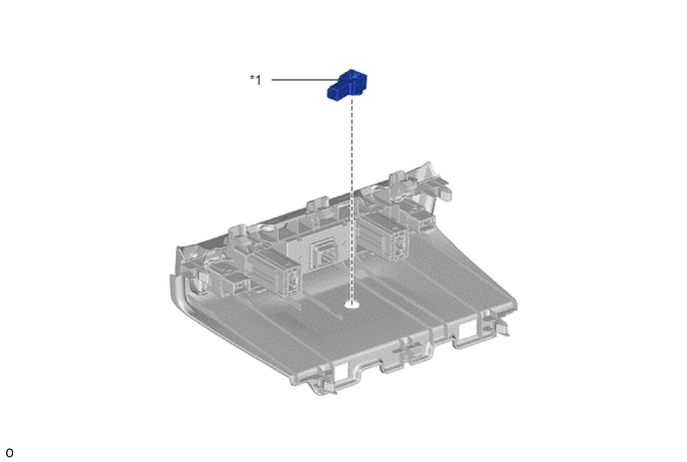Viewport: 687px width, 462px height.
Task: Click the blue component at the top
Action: [347, 85]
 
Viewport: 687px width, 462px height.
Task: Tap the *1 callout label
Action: [256, 80]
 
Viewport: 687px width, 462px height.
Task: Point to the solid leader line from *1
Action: [305, 80]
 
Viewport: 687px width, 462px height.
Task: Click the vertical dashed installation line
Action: [351, 200]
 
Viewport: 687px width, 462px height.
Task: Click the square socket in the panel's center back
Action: [323, 254]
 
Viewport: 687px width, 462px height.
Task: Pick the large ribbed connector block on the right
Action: [383, 236]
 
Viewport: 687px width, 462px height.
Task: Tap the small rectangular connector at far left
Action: [235, 282]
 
